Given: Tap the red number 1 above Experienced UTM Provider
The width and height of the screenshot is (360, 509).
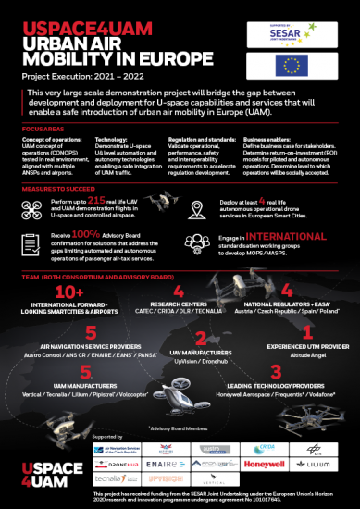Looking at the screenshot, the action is click(x=306, y=330).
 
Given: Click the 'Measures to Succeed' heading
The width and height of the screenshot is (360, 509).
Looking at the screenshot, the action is click(x=63, y=186).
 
